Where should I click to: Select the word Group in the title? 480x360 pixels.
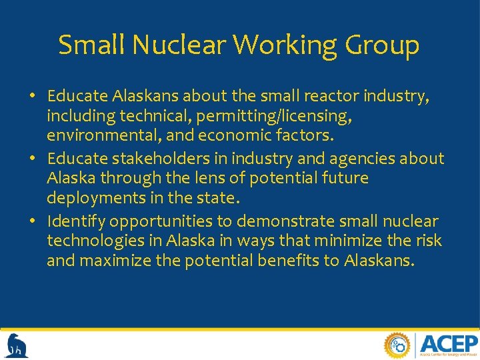pos(383,45)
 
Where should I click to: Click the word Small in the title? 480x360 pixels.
pos(91,45)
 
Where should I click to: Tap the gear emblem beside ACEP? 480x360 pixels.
pos(398,345)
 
